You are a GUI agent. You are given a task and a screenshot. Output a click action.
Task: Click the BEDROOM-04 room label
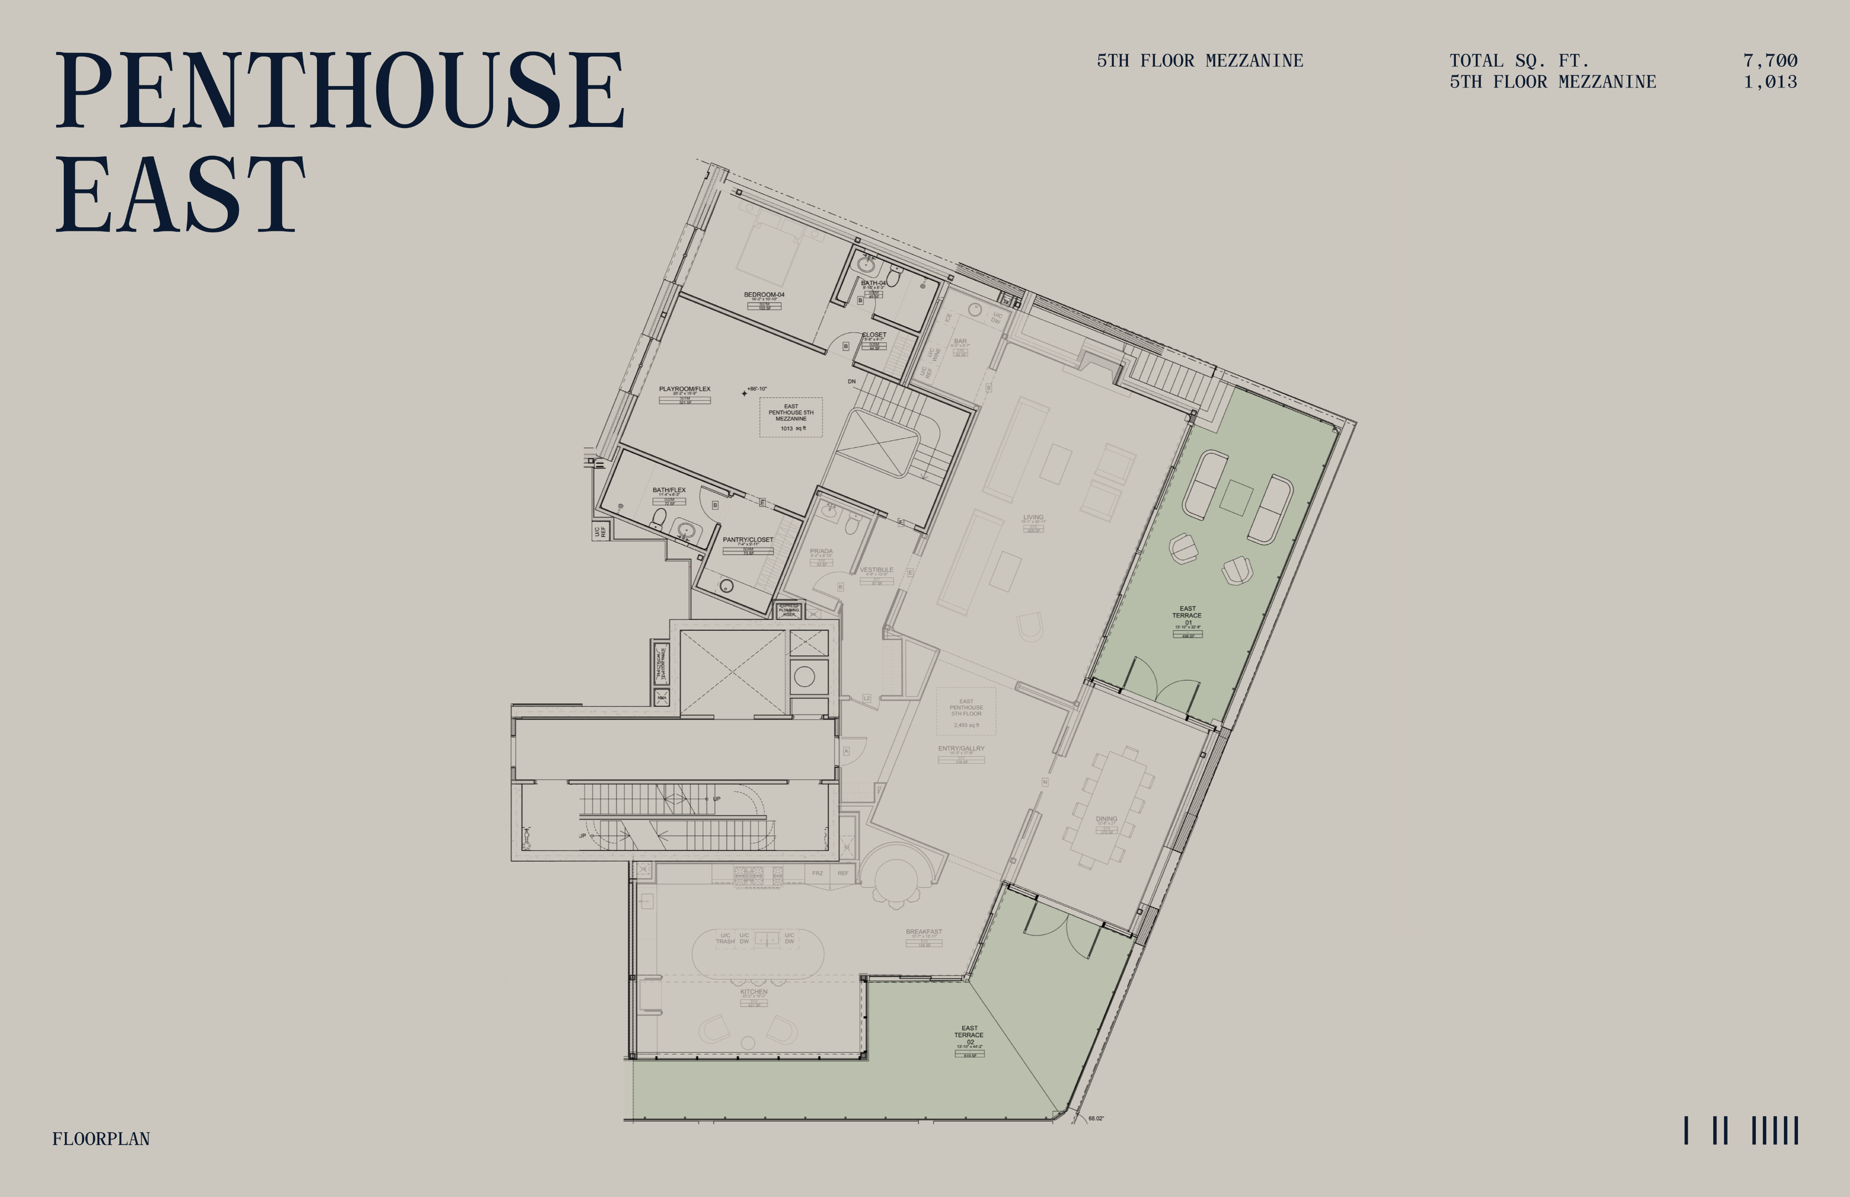click(764, 295)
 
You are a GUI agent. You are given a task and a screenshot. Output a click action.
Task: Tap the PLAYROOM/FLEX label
click(685, 388)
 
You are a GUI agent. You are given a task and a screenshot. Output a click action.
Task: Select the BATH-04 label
click(873, 283)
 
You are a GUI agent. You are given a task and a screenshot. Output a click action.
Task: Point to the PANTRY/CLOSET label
click(748, 539)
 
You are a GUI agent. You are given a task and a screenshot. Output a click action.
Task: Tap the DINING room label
click(1106, 819)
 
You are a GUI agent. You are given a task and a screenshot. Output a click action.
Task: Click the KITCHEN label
click(753, 992)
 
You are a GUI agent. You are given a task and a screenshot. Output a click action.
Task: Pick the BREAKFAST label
click(923, 931)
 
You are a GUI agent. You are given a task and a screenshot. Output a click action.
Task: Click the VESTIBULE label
click(876, 570)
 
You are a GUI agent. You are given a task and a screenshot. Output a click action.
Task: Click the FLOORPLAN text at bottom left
click(101, 1139)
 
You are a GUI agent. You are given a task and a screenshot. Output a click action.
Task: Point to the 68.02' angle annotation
click(1095, 1118)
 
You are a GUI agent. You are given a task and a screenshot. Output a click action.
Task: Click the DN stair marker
click(852, 382)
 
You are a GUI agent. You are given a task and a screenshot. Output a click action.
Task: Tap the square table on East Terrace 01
click(1235, 498)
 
